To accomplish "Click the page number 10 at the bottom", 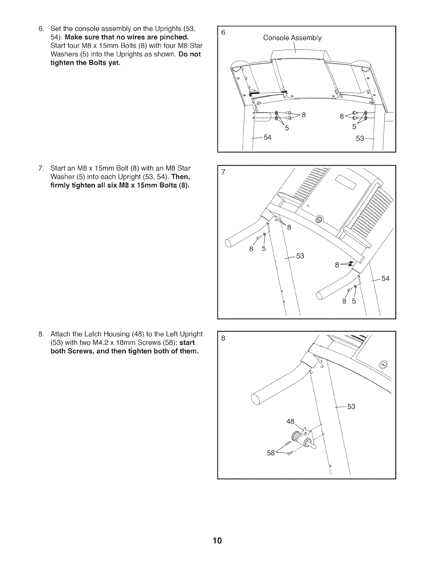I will pos(217,541).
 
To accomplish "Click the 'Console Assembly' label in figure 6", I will pos(292,38).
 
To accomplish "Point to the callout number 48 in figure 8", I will pos(290,421).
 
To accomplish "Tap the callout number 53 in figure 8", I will pos(351,407).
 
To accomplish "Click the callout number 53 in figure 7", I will pos(300,256).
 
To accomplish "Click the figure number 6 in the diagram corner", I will pos(223,33).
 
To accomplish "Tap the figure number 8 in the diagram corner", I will pos(223,338).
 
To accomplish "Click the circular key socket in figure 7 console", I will pos(318,220).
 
